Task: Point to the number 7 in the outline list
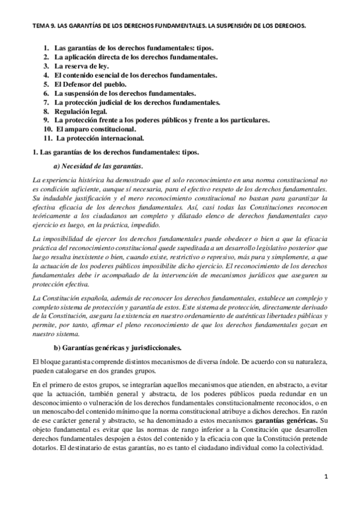point(46,102)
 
